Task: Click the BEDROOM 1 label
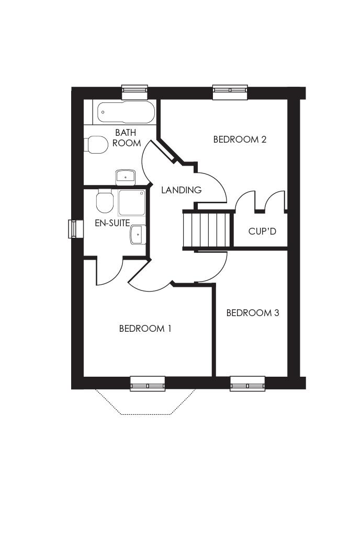tap(145, 329)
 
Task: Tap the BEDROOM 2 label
tap(240, 139)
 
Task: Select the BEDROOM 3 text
tap(252, 313)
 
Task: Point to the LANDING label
tap(181, 190)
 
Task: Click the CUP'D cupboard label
tap(262, 231)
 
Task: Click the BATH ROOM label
tap(126, 138)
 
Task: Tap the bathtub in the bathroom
tap(125, 112)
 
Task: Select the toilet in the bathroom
tap(96, 145)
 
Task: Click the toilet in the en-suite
tap(105, 202)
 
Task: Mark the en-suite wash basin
tap(138, 235)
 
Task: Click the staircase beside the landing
tap(208, 230)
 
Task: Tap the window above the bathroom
tap(135, 92)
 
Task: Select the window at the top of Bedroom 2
tap(230, 92)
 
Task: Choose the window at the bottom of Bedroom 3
tap(247, 383)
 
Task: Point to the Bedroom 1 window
tap(148, 383)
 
